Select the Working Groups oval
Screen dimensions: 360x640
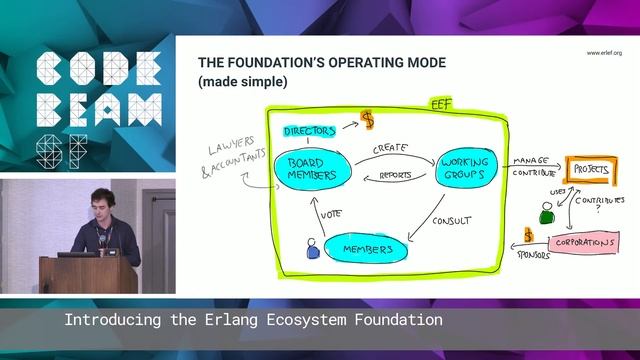465,168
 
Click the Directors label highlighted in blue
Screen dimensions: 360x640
309,131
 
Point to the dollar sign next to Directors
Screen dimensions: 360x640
368,120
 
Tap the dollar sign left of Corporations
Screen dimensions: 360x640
529,237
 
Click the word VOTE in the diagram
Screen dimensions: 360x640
331,213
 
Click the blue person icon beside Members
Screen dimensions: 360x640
311,246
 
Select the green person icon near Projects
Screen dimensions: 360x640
546,213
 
